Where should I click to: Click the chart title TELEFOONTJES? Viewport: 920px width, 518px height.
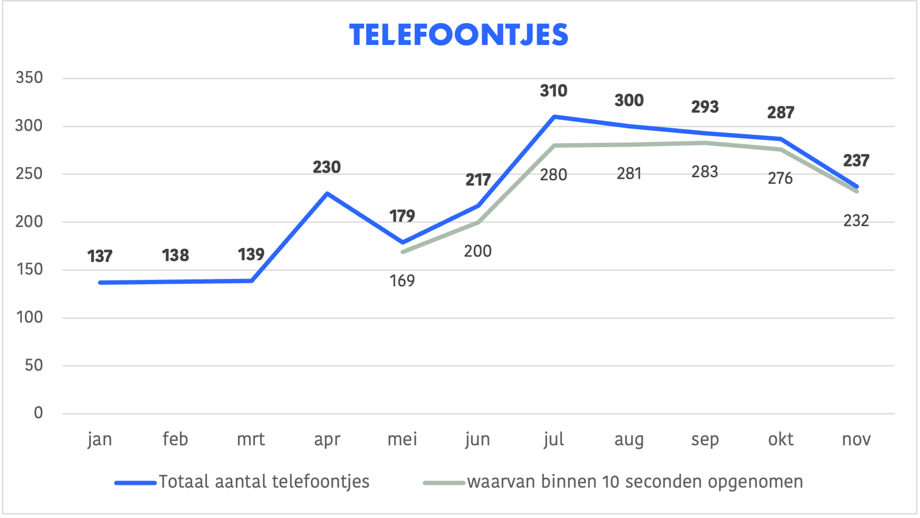tap(459, 35)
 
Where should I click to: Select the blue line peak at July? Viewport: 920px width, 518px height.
tap(554, 117)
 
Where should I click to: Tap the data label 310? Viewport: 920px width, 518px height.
tap(553, 91)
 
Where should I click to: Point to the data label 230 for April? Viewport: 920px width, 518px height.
tap(326, 167)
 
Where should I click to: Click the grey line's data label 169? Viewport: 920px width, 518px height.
tap(402, 281)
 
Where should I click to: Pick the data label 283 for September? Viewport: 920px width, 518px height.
tap(704, 172)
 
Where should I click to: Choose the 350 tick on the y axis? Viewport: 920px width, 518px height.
tap(29, 78)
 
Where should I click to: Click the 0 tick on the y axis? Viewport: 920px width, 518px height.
tap(38, 413)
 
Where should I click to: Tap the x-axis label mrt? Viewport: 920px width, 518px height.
tap(251, 439)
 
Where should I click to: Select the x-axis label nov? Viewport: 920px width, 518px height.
tap(856, 439)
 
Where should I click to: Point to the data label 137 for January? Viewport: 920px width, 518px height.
tap(100, 256)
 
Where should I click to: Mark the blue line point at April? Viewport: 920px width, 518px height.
tap(327, 193)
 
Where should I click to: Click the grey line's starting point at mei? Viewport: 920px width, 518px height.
tap(402, 252)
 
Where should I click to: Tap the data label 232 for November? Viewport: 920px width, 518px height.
tap(856, 221)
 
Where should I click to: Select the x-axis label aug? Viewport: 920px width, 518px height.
tap(629, 439)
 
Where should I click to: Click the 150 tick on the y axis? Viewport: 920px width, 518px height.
tap(29, 269)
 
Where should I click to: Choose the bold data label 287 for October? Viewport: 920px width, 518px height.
tap(780, 113)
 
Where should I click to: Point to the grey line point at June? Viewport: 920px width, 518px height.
tap(478, 222)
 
